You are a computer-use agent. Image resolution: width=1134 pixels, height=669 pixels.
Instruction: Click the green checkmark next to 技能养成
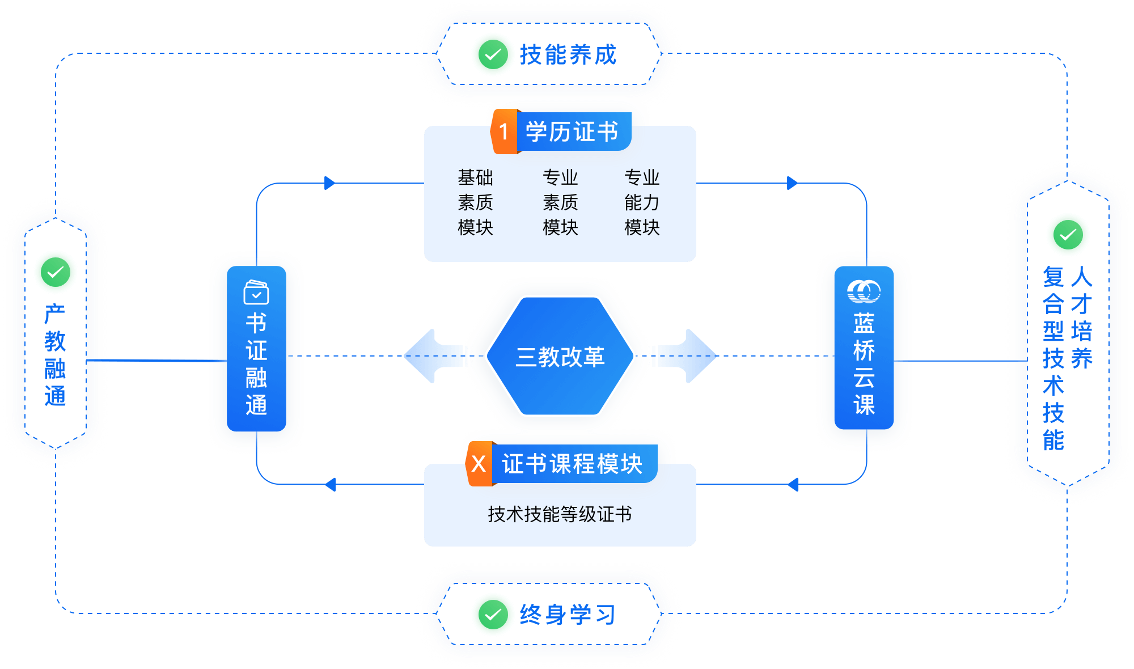click(493, 55)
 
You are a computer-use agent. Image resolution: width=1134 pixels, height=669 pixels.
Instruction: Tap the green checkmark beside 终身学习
click(493, 615)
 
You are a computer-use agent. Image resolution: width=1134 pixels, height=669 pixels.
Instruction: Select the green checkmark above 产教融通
click(56, 273)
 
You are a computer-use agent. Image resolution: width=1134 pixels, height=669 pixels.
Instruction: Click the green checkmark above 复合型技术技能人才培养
click(1068, 235)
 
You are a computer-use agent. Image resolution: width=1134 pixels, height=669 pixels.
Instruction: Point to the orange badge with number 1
click(503, 132)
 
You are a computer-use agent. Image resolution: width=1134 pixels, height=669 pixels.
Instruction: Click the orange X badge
click(479, 464)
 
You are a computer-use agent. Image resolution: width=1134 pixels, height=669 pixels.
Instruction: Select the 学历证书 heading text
click(572, 132)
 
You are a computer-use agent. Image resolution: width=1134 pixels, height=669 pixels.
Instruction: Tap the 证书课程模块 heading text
click(572, 464)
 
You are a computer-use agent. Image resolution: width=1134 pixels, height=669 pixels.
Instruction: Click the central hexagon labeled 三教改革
click(560, 357)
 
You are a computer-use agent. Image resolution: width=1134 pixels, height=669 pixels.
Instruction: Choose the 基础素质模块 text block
click(475, 202)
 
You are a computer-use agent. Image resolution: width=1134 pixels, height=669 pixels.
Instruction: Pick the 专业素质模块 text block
click(560, 202)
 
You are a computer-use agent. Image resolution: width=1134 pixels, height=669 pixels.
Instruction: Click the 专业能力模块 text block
click(642, 202)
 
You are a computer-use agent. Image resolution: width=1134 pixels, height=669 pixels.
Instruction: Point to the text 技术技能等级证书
click(560, 514)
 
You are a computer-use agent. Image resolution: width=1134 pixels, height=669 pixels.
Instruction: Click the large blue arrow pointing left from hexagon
click(433, 356)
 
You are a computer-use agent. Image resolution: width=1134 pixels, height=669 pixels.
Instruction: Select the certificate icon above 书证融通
click(256, 293)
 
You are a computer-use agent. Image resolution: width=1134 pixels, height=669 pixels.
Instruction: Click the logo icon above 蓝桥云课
click(864, 291)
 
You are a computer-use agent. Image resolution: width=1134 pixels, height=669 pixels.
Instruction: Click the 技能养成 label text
click(568, 55)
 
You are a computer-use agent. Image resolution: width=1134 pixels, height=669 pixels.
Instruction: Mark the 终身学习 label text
click(568, 615)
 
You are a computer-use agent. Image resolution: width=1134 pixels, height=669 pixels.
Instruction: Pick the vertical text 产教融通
click(56, 355)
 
